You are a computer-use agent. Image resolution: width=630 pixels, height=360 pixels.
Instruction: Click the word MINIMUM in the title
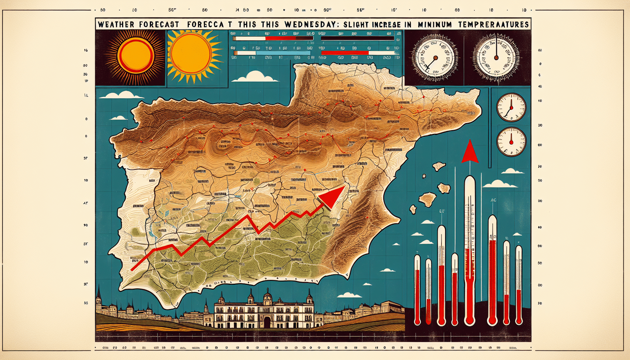click(435, 25)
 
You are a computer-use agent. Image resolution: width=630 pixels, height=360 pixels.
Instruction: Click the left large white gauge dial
click(435, 57)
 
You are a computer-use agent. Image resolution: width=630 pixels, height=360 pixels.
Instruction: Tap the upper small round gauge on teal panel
click(511, 107)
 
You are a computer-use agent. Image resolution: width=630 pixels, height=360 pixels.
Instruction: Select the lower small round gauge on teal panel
click(511, 142)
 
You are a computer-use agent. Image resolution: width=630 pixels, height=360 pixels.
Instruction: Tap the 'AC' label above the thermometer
click(493, 200)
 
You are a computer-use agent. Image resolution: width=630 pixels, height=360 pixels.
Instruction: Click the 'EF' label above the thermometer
click(442, 211)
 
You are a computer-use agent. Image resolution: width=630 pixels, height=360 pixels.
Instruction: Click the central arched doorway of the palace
click(267, 322)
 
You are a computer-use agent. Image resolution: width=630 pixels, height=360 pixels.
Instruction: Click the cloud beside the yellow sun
click(255, 77)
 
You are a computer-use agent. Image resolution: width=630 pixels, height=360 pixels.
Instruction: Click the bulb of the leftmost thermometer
click(417, 320)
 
